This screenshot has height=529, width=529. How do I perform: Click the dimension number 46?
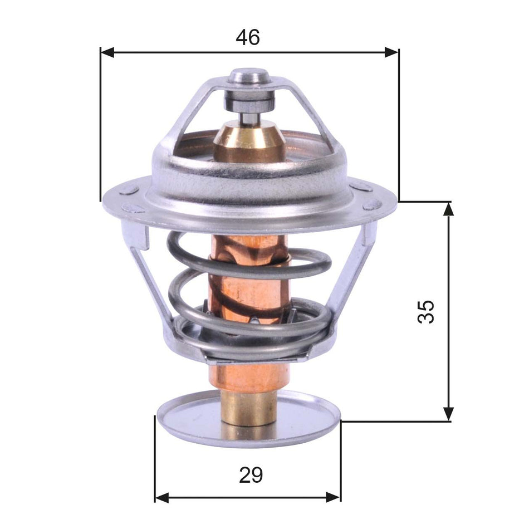coord(248,37)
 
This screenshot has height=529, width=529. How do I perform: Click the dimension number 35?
coord(426,312)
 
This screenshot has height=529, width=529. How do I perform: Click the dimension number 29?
coord(251,475)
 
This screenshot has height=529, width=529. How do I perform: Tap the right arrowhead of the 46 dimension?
coord(392,52)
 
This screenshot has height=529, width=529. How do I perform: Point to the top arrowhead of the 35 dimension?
coord(448,208)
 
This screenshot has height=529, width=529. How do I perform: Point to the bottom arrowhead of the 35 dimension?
coord(448,414)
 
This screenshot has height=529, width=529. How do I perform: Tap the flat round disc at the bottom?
coord(184,415)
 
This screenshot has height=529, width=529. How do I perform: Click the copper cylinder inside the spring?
coord(245,290)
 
